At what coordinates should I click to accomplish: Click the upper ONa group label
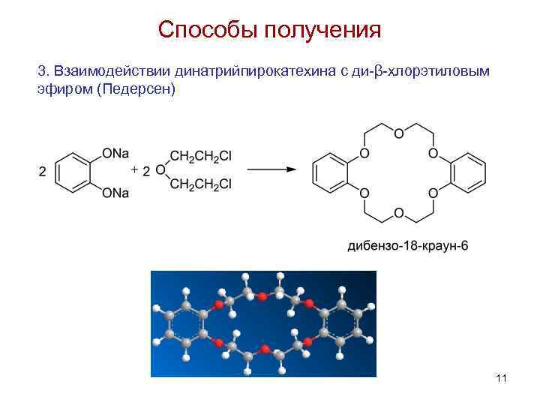[115, 154]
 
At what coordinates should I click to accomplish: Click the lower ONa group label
[115, 193]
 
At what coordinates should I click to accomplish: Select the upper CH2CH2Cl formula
[200, 157]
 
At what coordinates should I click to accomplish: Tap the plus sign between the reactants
[134, 170]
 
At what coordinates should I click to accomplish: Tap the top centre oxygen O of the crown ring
[398, 133]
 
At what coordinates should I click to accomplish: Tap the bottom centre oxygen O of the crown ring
[398, 213]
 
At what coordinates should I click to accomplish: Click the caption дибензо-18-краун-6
[407, 245]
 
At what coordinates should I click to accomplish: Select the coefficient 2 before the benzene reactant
[42, 171]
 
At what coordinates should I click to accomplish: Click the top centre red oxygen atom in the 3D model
[262, 297]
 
